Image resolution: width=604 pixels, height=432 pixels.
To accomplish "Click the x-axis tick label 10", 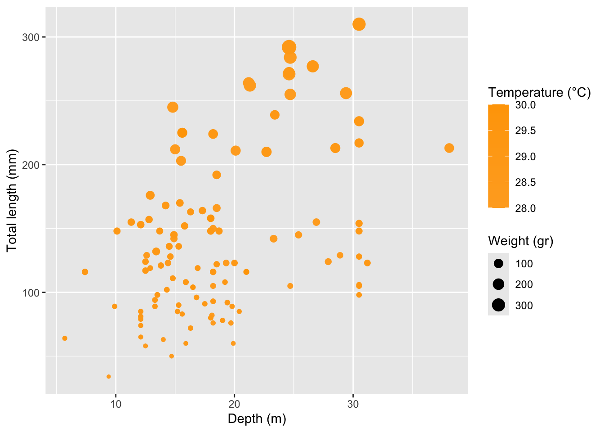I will point(115,404).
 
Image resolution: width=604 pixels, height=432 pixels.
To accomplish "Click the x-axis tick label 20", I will point(234,404).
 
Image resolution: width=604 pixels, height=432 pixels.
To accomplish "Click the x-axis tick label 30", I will point(353,404).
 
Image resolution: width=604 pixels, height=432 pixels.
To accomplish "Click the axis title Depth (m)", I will point(257,419).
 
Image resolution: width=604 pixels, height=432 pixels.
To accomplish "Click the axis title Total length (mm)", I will point(12,200).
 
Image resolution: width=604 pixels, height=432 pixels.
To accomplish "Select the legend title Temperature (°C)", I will point(539,93).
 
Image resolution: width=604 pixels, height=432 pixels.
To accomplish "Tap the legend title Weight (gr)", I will point(520,241).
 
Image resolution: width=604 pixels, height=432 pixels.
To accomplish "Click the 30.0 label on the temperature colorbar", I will point(525,105).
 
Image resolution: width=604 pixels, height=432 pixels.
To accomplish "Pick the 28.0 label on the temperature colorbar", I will point(525,208).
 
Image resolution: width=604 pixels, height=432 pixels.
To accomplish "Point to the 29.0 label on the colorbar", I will point(525,157).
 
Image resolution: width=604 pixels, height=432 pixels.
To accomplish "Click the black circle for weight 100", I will point(498,264).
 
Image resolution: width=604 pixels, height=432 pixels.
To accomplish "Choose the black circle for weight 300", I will point(498,305).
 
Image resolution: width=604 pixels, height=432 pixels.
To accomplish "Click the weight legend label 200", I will point(524,284).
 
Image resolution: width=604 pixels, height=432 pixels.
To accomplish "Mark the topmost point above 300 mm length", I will point(359,24).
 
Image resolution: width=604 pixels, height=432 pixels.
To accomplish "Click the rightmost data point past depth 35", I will point(449,148).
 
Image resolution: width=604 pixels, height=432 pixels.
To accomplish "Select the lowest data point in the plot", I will point(108,377).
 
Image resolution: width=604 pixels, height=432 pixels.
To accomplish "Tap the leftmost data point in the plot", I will point(65,338).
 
